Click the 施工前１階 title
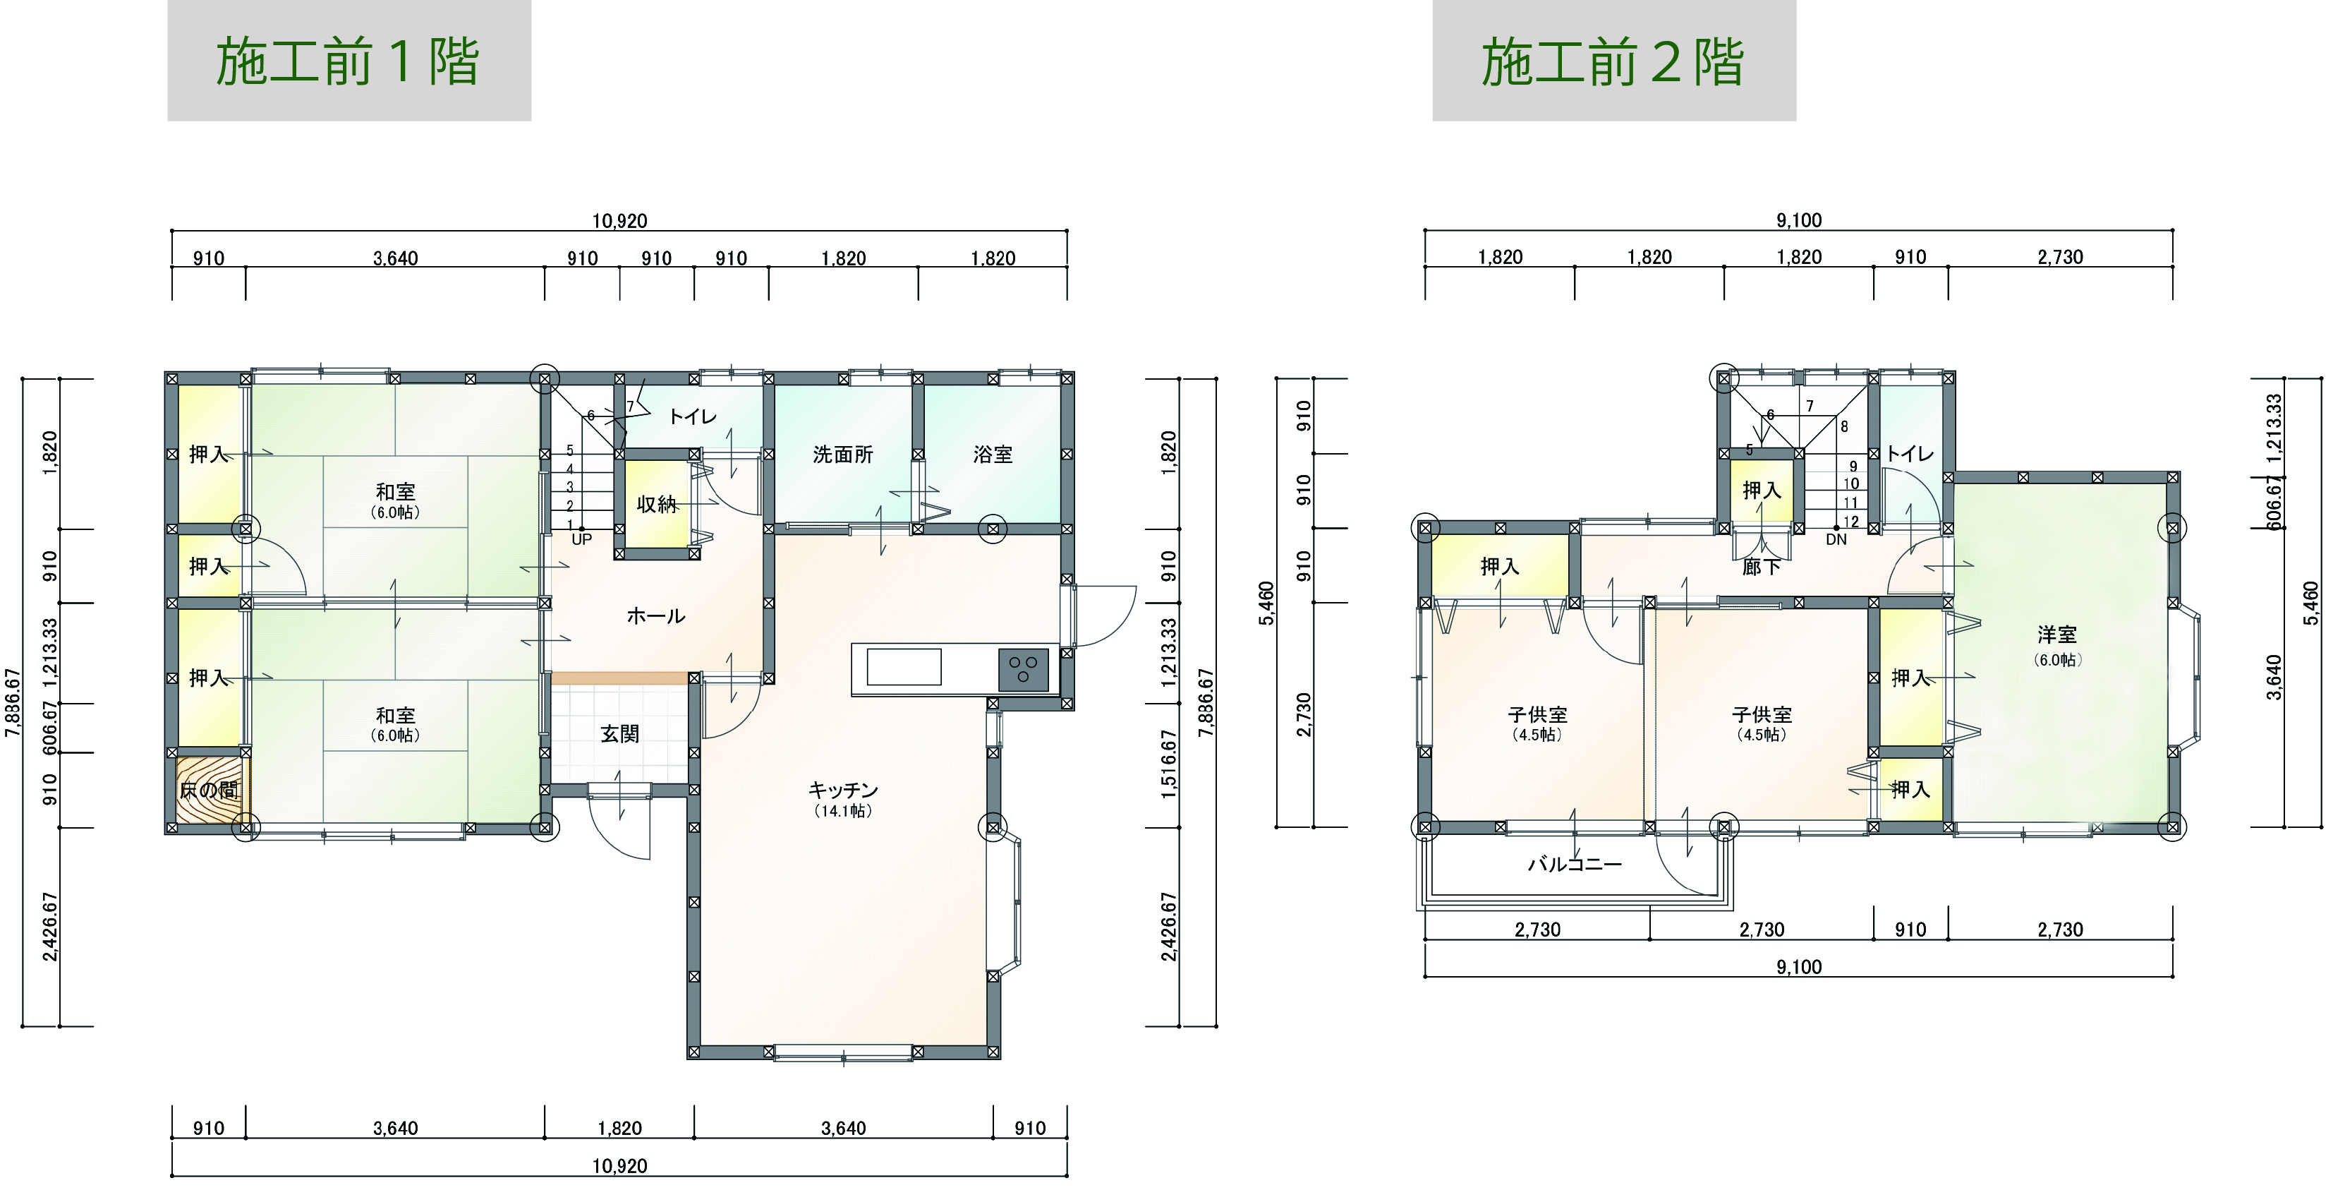click(348, 62)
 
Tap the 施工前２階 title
click(1613, 62)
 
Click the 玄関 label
click(620, 734)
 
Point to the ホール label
click(655, 616)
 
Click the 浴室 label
click(993, 455)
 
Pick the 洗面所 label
click(843, 455)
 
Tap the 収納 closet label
click(656, 503)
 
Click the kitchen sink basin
click(904, 668)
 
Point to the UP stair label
click(582, 539)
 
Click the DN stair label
click(1836, 539)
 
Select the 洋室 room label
click(2057, 635)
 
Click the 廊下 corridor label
click(1761, 567)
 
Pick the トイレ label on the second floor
click(1909, 453)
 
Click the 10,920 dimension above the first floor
click(620, 221)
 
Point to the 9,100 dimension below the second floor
click(1799, 967)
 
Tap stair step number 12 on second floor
click(1852, 522)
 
